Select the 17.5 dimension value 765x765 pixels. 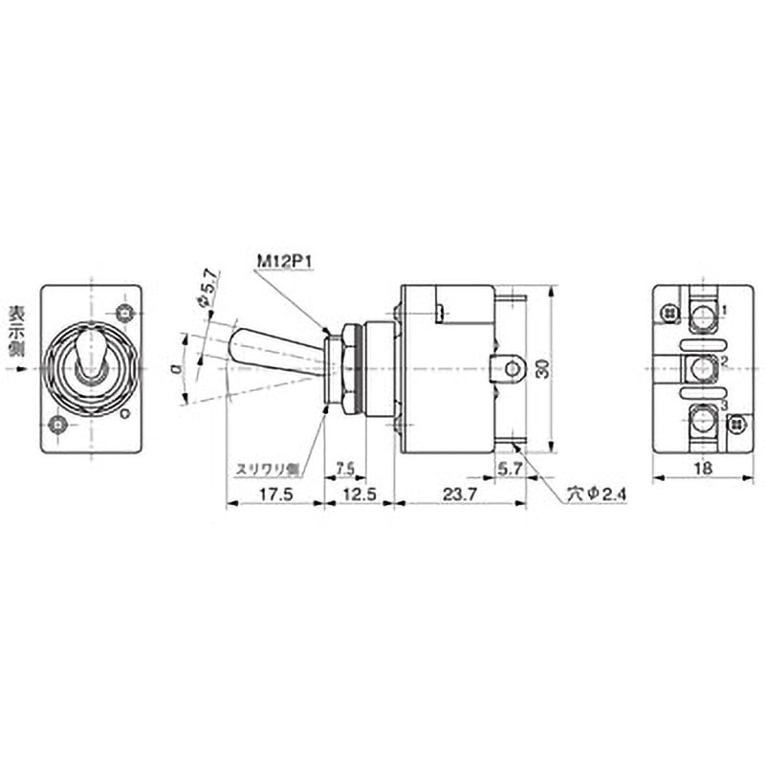(273, 495)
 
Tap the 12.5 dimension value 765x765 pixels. (359, 495)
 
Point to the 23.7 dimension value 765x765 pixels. (459, 495)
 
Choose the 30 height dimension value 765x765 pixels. (542, 368)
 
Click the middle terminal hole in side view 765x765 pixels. (513, 367)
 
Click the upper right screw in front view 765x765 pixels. (122, 313)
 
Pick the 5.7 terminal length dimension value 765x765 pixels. (509, 468)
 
